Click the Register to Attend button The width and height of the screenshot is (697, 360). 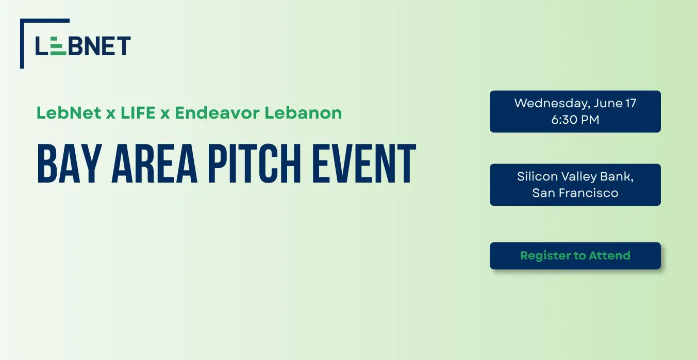point(575,256)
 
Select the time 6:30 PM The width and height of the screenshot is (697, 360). point(575,120)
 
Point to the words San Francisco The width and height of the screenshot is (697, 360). point(575,193)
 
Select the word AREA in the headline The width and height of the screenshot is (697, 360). point(154,163)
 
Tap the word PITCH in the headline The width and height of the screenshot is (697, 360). point(255,163)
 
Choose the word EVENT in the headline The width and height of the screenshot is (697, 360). point(364,163)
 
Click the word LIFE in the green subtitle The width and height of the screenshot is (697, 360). point(138,113)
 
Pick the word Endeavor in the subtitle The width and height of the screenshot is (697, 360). point(217,113)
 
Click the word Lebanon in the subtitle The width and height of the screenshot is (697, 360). point(303,113)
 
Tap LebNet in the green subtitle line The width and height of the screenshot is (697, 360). point(69,113)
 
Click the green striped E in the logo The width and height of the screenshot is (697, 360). point(58,46)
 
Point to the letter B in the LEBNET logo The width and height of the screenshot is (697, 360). point(75,46)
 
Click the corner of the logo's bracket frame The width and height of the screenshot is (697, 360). point(22,21)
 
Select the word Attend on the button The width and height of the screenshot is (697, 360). point(609,256)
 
